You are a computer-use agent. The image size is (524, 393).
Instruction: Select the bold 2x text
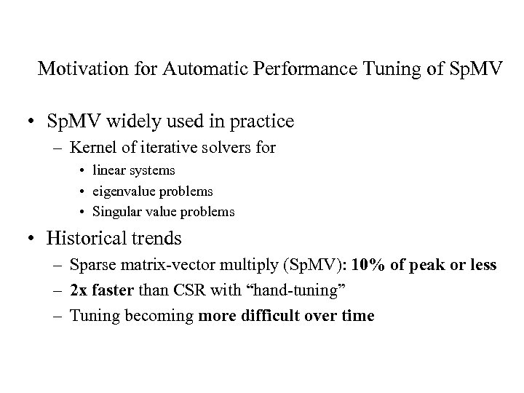(79, 290)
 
